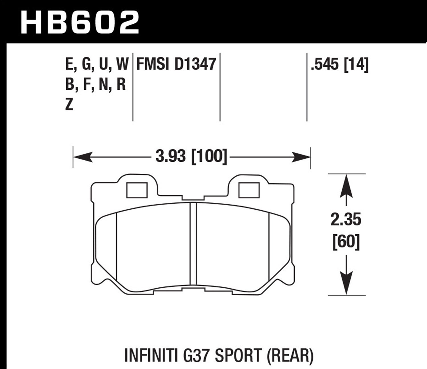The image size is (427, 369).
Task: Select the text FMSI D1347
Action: point(176,64)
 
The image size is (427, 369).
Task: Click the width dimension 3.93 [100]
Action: point(191,157)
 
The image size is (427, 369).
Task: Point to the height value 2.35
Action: point(346,220)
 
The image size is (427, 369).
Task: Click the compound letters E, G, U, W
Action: point(97,64)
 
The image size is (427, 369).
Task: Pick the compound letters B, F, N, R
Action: point(96,85)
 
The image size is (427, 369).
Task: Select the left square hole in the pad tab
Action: point(137,190)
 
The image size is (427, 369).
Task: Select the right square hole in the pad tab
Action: point(249,190)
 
